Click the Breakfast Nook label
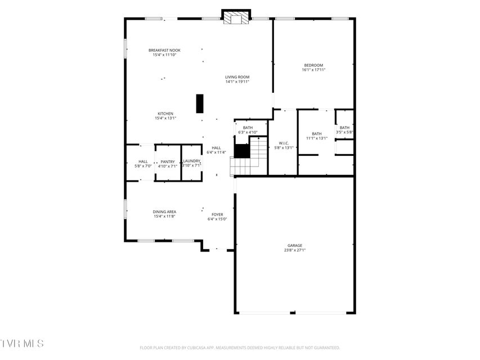[164, 50]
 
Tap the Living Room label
[237, 77]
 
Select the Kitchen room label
[165, 114]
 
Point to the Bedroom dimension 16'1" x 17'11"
[313, 70]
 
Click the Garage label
[295, 245]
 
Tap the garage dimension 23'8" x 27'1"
[295, 250]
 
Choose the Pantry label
[168, 161]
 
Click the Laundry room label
[192, 161]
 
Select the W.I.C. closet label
[284, 143]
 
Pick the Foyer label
[217, 214]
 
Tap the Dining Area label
[164, 212]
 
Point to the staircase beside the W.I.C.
[248, 157]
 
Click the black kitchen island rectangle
[200, 103]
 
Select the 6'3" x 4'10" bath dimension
[248, 133]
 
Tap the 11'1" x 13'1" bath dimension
[317, 138]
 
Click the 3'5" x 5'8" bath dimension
[345, 132]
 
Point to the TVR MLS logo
[22, 343]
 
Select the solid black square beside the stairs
[242, 151]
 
